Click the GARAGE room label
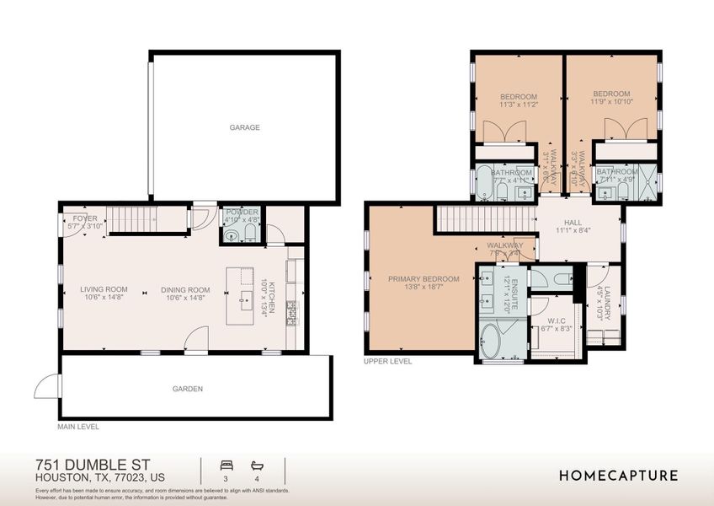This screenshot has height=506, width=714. coord(245,128)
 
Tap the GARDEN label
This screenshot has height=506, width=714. coord(188,389)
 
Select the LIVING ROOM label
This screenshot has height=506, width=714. coord(104,289)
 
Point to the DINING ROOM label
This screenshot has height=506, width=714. coord(185,290)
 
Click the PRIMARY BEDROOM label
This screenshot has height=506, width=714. coord(424,279)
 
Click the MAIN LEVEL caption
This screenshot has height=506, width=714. coord(77,427)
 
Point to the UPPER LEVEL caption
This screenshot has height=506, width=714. coord(387,361)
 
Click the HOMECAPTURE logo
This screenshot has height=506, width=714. coord(618,476)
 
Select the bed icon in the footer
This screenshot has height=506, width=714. coord(225,465)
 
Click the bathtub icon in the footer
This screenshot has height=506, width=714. coord(257,465)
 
